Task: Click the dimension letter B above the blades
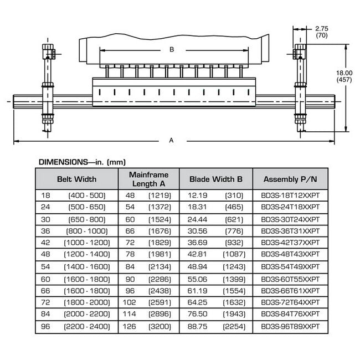[x=172, y=50]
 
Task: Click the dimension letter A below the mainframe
[x=171, y=140]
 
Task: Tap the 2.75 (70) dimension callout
[x=322, y=32]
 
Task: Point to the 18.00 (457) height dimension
[x=344, y=76]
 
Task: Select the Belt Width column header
[x=76, y=179]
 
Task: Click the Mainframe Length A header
[x=149, y=179]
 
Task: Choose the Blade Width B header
[x=216, y=179]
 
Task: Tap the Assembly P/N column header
[x=290, y=179]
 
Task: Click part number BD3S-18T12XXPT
[x=290, y=196]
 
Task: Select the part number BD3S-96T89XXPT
[x=290, y=326]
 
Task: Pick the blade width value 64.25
[x=198, y=302]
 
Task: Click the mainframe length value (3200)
[x=160, y=326]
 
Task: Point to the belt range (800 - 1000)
[x=87, y=231]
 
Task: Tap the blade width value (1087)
[x=234, y=254]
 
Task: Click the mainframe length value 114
[x=130, y=314]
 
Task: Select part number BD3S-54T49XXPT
[x=290, y=266]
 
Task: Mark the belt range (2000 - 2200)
[x=87, y=314]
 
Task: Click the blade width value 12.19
[x=198, y=196]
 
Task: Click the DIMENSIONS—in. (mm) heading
[x=82, y=162]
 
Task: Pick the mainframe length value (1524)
[x=160, y=219]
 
